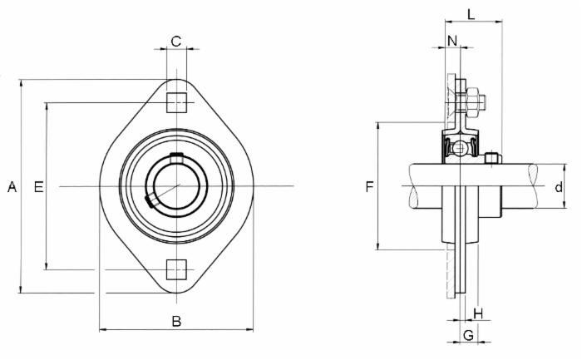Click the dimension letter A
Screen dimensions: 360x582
(12, 188)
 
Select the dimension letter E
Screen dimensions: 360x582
(37, 188)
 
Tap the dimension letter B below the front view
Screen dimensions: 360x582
(176, 322)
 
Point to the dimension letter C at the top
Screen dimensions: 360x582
(176, 41)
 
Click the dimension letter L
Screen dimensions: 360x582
(471, 14)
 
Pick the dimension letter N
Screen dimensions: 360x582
(451, 41)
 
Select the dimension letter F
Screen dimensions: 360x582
(369, 187)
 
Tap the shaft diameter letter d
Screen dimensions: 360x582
(559, 187)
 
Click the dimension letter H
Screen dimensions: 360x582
(478, 313)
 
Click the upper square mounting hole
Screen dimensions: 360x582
(175, 102)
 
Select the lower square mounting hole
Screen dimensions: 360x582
(175, 269)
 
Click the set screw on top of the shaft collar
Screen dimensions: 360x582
(493, 157)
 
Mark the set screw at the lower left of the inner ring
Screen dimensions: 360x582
(150, 200)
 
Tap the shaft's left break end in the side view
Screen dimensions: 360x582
(413, 187)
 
